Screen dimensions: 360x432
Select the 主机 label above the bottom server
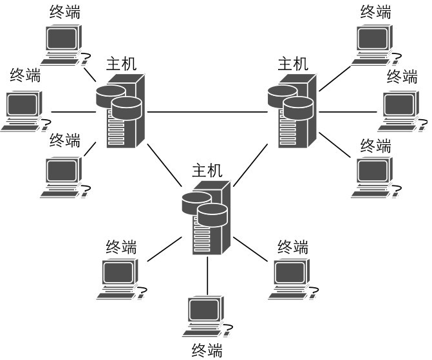point(207,170)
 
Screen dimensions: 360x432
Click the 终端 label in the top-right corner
point(376,12)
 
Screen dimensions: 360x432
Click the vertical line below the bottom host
point(207,277)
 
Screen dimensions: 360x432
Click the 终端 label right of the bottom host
point(293,246)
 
